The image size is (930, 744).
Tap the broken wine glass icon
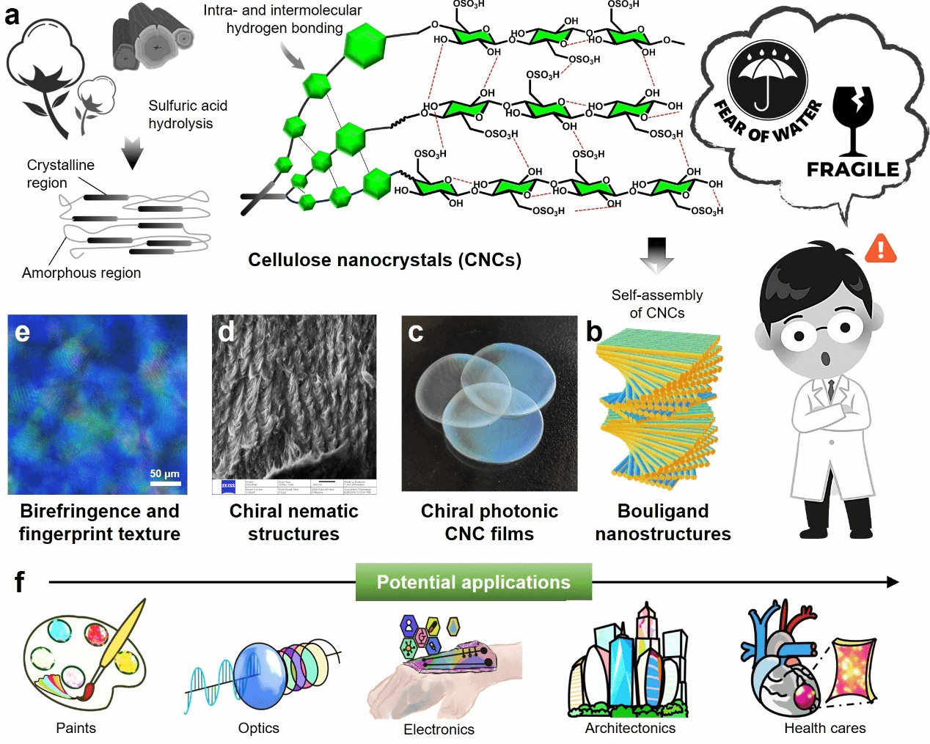click(854, 117)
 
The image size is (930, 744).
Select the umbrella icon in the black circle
click(767, 79)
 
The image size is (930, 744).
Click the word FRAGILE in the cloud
click(852, 169)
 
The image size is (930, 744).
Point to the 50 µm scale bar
click(165, 483)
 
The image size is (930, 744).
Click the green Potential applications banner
click(473, 582)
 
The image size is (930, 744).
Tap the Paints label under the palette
click(76, 728)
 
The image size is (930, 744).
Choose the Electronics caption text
click(439, 729)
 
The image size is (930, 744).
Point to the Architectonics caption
click(630, 728)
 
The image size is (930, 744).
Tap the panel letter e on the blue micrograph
click(22, 333)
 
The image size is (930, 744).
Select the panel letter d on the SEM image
click(226, 332)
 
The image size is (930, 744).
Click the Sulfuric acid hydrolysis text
click(188, 114)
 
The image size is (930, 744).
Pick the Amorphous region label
click(81, 273)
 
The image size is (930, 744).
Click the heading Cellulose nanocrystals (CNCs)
click(384, 260)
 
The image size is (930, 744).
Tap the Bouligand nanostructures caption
click(663, 522)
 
